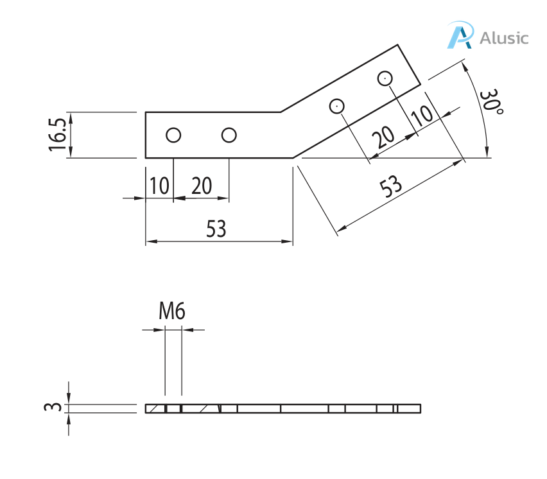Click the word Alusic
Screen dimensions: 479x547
pyautogui.click(x=504, y=38)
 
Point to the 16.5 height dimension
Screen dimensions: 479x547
pyautogui.click(x=57, y=135)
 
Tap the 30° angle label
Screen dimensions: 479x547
pyautogui.click(x=492, y=102)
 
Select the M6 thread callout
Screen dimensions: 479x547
pyautogui.click(x=172, y=313)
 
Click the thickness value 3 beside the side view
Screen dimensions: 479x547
pyautogui.click(x=56, y=408)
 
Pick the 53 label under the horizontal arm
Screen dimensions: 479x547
pyautogui.click(x=216, y=229)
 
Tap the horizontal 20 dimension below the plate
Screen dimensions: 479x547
pyautogui.click(x=201, y=186)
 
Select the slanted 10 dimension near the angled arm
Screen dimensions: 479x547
pyautogui.click(x=422, y=116)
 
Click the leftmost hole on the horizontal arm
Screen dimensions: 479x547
pyautogui.click(x=173, y=135)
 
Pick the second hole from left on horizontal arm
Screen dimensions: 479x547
pyautogui.click(x=229, y=135)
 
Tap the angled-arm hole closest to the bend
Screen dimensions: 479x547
pyautogui.click(x=337, y=106)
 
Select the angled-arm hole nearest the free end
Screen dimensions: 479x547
pyautogui.click(x=385, y=78)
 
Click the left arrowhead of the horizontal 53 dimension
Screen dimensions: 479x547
pyautogui.click(x=150, y=241)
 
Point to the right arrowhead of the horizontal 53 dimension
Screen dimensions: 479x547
pyautogui.click(x=288, y=241)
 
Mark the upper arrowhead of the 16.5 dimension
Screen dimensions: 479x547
pyautogui.click(x=70, y=116)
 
